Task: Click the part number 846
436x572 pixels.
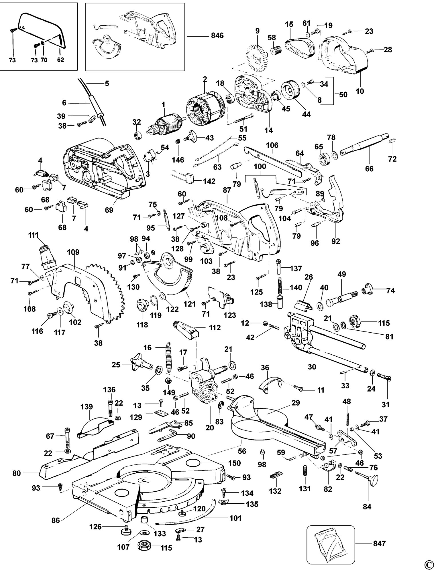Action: tap(217, 36)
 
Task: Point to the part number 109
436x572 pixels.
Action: tap(73, 252)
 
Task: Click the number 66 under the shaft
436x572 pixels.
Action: tap(369, 169)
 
